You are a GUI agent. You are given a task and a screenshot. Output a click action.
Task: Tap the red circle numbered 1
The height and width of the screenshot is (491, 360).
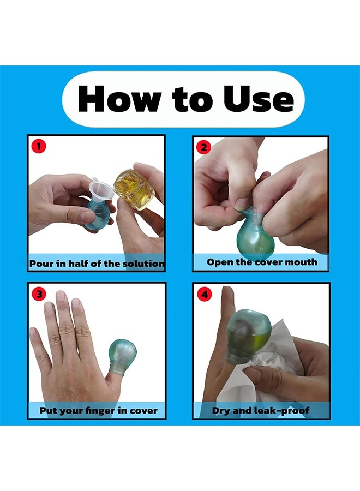click(38, 146)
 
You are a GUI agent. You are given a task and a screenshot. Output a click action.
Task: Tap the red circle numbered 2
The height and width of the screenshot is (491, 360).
click(203, 146)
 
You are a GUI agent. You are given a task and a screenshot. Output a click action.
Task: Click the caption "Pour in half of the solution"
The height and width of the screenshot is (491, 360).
click(97, 264)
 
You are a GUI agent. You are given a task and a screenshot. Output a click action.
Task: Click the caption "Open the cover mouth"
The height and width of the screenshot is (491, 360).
click(262, 262)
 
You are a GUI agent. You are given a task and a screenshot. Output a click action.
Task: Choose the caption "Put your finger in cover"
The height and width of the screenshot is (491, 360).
click(98, 410)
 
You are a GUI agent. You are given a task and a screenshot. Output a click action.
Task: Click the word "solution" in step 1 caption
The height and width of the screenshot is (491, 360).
click(144, 264)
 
